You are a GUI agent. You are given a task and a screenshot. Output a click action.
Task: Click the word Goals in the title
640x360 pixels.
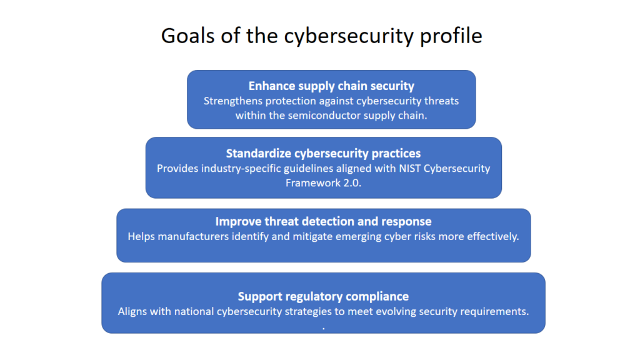click(188, 36)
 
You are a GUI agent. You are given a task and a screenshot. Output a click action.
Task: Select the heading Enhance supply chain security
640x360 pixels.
click(331, 86)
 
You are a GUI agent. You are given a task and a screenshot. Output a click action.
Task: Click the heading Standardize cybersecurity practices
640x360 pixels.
click(323, 154)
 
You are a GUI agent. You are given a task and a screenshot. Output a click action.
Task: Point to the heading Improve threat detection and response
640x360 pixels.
click(323, 222)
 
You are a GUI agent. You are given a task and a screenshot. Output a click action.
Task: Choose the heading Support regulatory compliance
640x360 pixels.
click(323, 297)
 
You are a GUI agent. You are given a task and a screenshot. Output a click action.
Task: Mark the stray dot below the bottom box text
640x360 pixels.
click(324, 329)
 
